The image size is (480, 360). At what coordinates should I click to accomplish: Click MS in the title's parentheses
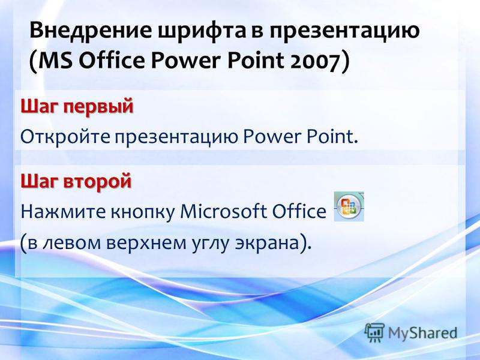pos(55,61)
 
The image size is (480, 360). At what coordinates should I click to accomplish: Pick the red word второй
pos(97,181)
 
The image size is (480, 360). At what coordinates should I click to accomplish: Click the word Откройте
pos(65,137)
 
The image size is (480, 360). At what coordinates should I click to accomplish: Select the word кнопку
pos(142,212)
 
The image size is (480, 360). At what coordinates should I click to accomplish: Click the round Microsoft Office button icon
pos(349,206)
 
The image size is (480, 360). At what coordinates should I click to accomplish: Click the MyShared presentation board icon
pos(374,332)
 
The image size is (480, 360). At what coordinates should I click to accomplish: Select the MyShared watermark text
pos(422,333)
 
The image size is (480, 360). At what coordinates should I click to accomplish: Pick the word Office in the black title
pos(112,61)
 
